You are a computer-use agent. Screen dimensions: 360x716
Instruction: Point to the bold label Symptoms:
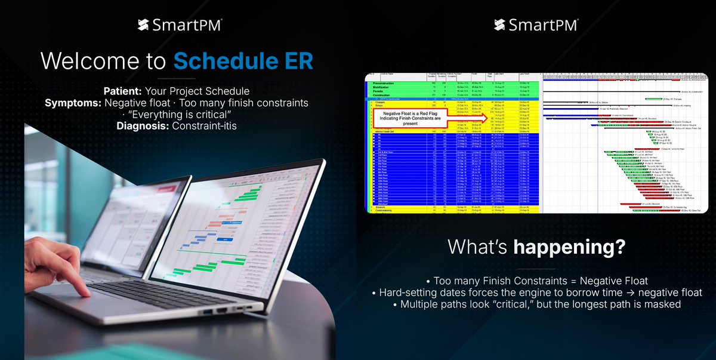pos(71,103)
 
